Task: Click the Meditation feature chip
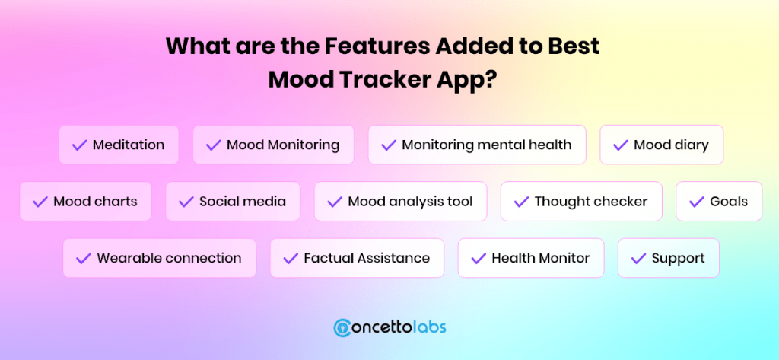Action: [x=119, y=145]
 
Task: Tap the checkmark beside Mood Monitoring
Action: [x=213, y=145]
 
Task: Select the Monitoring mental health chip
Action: [x=477, y=145]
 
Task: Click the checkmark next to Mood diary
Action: [x=621, y=145]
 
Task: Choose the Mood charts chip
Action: [x=85, y=202]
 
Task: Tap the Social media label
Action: [x=243, y=202]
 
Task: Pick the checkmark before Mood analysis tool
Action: [x=335, y=202]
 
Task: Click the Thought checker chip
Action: [x=581, y=202]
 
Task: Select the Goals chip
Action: [x=719, y=202]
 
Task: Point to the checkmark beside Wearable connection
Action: [x=84, y=259]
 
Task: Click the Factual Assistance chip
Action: [x=357, y=258]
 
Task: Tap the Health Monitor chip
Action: [x=530, y=258]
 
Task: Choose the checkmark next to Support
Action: [x=638, y=259]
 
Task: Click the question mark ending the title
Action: [x=490, y=80]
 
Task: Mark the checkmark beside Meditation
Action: [x=79, y=145]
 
